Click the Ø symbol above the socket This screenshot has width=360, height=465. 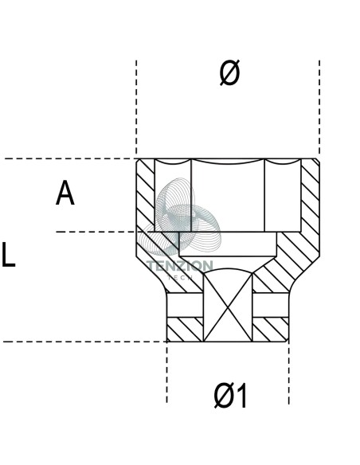[230, 73]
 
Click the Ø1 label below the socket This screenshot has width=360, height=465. [230, 396]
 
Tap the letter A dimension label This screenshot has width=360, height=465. [65, 193]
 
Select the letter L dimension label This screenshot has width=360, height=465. [8, 255]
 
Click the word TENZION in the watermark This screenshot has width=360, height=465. [180, 266]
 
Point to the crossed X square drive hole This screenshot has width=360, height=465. [228, 307]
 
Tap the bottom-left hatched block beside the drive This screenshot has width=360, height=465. [185, 330]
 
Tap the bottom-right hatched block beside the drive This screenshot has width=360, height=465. [271, 330]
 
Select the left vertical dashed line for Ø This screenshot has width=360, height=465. [136, 107]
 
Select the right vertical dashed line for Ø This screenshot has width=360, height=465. [319, 107]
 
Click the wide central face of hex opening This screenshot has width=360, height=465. [228, 197]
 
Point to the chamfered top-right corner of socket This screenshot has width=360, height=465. [317, 162]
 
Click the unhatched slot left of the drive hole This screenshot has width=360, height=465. [185, 305]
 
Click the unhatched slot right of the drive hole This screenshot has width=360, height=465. [271, 305]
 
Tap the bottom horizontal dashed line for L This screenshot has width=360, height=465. [85, 342]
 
